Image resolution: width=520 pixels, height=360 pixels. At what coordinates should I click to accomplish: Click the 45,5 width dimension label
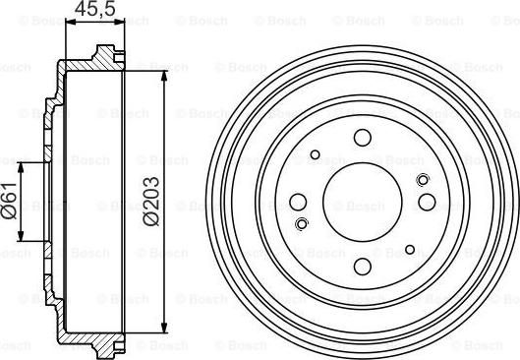click(94, 9)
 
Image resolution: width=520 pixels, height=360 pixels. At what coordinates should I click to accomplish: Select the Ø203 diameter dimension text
click(151, 202)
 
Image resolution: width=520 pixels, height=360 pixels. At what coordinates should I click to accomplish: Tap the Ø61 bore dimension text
click(9, 201)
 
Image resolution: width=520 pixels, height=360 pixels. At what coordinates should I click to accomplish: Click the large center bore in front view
click(362, 202)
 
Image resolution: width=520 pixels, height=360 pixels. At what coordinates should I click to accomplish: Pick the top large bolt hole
click(362, 138)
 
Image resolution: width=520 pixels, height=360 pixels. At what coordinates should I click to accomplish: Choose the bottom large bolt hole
click(362, 267)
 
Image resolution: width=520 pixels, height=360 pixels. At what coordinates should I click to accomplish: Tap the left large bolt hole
click(298, 202)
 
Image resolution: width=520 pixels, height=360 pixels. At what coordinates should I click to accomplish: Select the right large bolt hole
click(427, 202)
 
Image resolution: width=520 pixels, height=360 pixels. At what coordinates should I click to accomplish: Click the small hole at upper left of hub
click(316, 154)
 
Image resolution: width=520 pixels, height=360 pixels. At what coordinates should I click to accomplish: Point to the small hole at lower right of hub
click(410, 250)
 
